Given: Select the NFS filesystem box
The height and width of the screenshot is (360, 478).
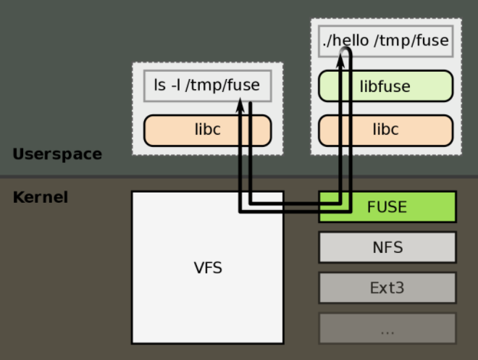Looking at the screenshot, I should point(387,247).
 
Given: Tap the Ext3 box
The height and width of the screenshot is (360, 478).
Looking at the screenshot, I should point(387,288).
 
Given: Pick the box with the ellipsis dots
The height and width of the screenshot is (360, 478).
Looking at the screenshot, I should point(387,328).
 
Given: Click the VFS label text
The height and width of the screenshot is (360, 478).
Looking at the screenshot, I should point(208,268).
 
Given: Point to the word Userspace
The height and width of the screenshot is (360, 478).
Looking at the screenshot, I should point(57,154).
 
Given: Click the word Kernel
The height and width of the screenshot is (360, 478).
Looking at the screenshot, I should point(40,197).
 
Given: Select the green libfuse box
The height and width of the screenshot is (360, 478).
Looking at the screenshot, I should point(385,86).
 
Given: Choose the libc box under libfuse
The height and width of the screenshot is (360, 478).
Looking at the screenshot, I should point(385,130).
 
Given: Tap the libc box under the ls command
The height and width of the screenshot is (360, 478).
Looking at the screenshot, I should point(207,130).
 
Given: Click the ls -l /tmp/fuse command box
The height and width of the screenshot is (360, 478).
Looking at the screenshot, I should point(207,85).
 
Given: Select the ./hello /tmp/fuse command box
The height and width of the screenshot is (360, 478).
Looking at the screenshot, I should point(385,41).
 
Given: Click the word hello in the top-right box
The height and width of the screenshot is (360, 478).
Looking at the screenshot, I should point(353,41).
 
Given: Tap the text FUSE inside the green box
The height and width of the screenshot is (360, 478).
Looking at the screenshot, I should point(387,206).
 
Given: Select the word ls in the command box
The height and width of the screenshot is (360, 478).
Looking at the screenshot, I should point(160,85).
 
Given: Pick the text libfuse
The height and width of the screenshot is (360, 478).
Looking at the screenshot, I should point(385,86).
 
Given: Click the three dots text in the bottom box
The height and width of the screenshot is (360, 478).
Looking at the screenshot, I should point(387,330).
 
